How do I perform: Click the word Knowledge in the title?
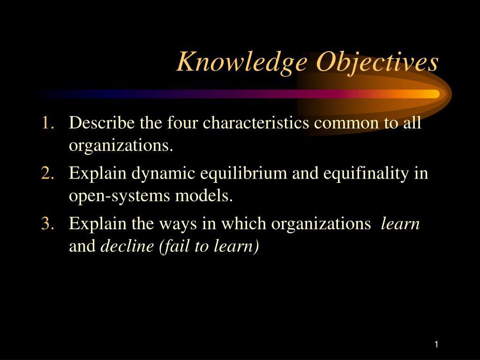[242, 62]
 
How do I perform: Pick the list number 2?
[48, 173]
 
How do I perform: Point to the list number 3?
[48, 223]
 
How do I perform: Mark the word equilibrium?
[244, 174]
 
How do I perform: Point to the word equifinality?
[366, 174]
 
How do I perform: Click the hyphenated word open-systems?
[120, 196]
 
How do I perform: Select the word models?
[204, 195]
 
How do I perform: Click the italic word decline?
[127, 246]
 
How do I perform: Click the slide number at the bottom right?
[436, 345]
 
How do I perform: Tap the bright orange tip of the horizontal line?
[435, 94]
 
